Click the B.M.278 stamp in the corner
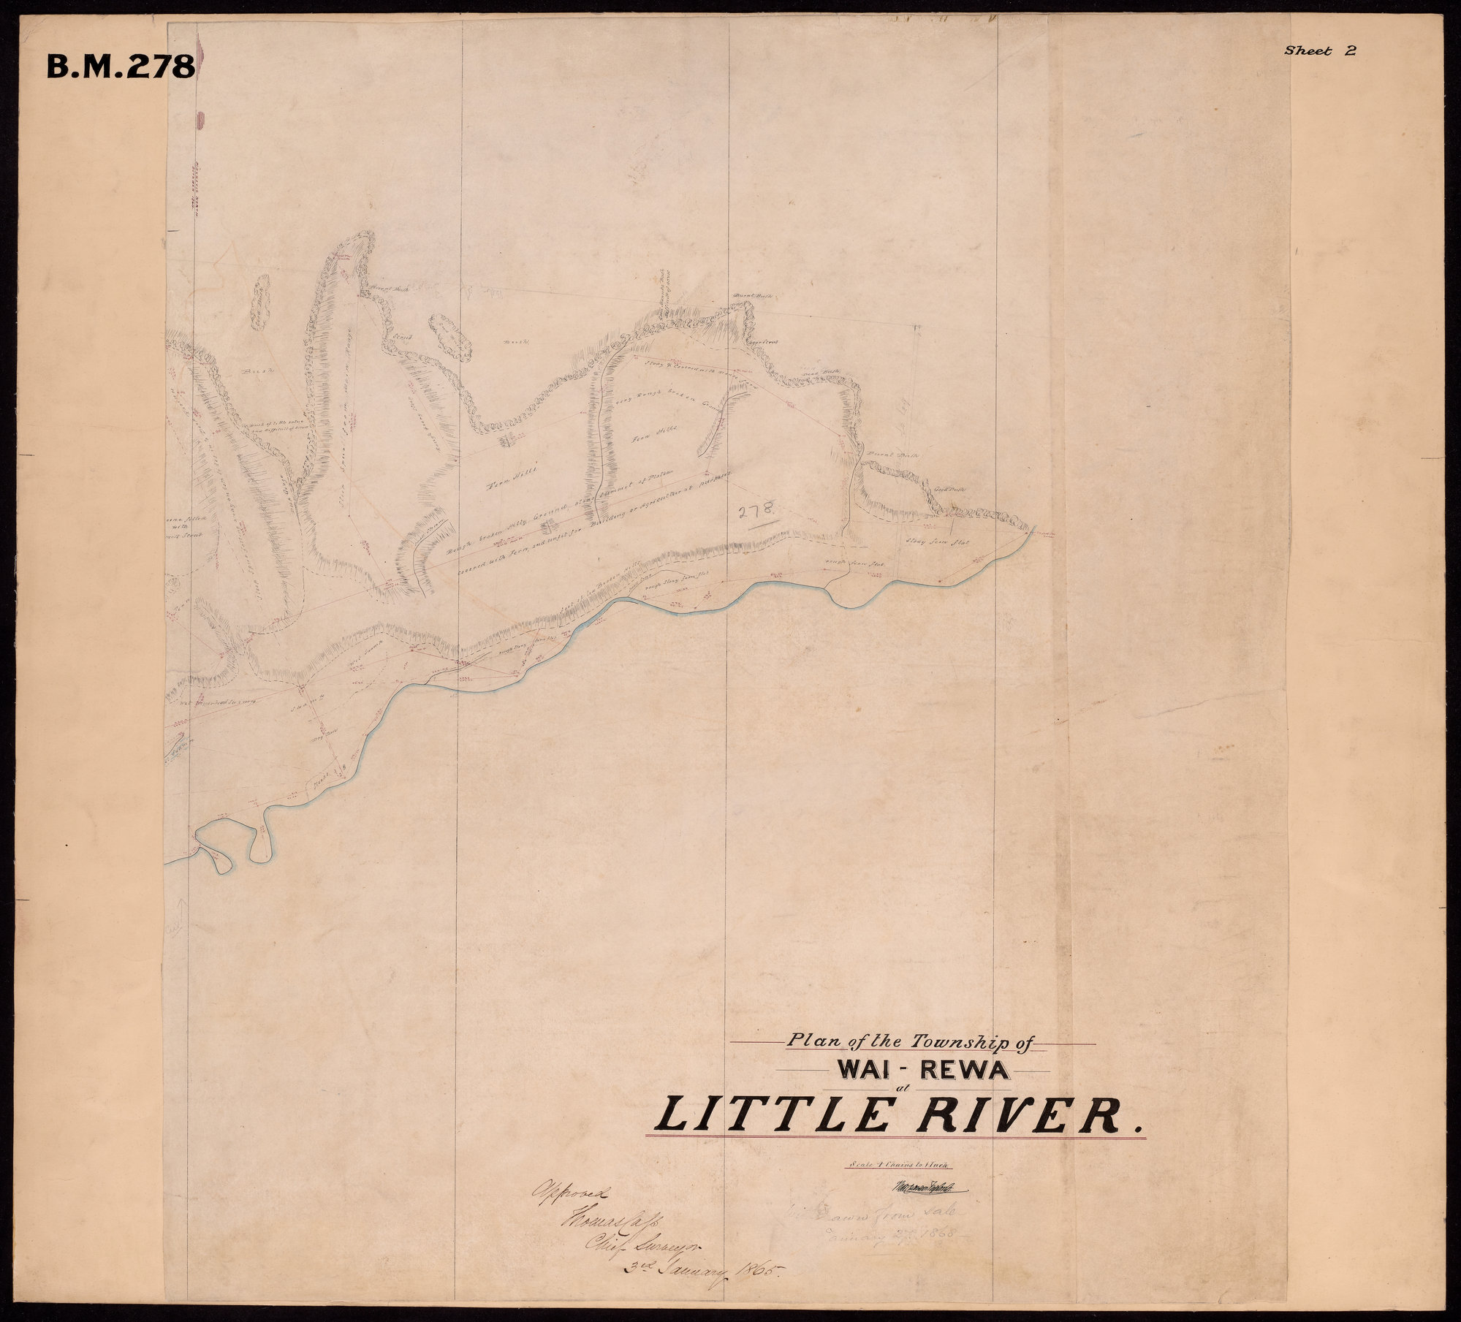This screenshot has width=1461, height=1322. coord(121,67)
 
